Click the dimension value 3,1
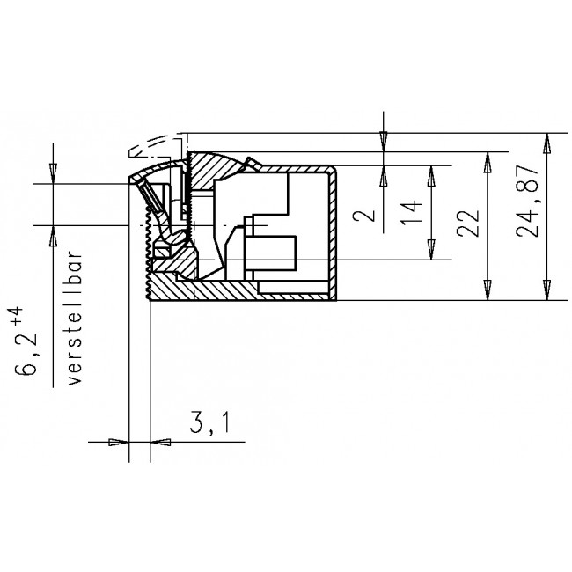(x=209, y=425)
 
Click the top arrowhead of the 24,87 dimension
(x=547, y=141)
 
